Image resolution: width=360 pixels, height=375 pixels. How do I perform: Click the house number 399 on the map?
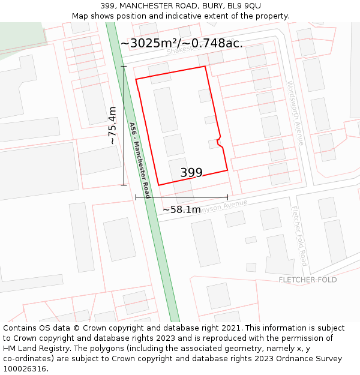pos(191,173)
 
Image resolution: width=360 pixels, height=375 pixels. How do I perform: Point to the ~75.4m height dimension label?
pos(112,125)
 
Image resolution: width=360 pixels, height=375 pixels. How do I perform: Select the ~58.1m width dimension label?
pos(181,210)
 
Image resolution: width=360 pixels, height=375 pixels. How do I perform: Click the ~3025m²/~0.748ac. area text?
pos(181,43)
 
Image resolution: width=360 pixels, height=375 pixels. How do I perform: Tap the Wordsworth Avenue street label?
pos(295,113)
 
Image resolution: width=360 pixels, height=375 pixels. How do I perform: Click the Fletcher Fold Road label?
pos(299,236)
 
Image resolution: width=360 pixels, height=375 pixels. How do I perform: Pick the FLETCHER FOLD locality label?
pos(307,280)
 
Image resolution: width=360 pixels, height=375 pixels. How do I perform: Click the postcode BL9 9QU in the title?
pos(244,6)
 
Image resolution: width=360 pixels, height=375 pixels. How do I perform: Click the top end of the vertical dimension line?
pos(124,66)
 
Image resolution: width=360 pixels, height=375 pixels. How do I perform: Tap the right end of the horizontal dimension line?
pos(227,197)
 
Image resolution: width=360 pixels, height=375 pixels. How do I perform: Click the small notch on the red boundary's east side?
pos(219,139)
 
